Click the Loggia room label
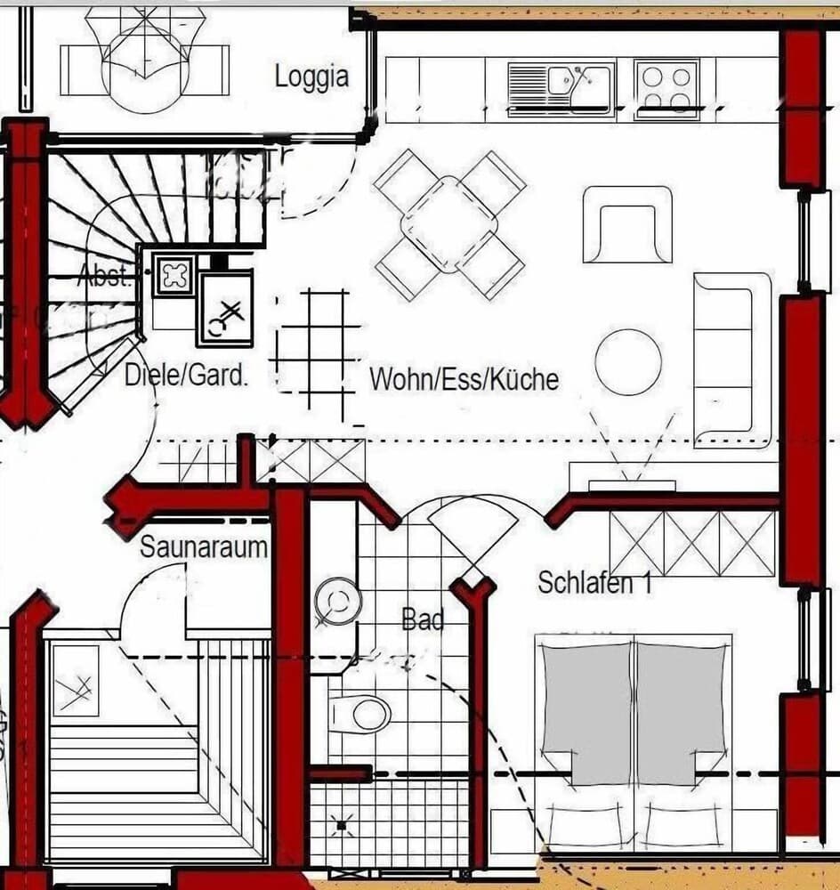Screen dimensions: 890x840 tap(311, 77)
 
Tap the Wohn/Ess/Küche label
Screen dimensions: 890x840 tap(464, 379)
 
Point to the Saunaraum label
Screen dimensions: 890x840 tap(203, 546)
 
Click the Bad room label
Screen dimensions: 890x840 tap(423, 619)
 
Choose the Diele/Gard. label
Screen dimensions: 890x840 tap(186, 376)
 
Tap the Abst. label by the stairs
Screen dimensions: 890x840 tap(105, 275)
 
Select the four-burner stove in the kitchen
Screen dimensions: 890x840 tap(666, 88)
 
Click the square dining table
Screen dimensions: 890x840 tap(449, 224)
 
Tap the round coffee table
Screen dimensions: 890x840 tap(628, 362)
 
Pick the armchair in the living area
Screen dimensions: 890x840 tap(626, 224)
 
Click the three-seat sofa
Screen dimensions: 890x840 tap(731, 359)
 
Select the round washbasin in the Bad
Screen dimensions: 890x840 tap(338, 602)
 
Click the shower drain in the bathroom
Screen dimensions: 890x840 tap(341, 826)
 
